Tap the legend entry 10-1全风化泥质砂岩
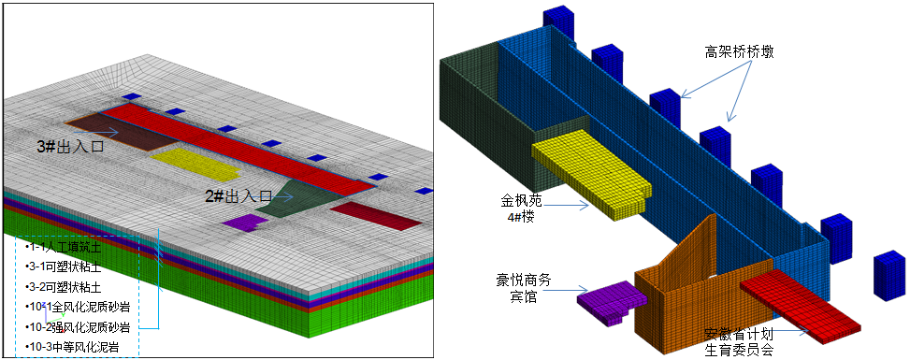[x=79, y=307]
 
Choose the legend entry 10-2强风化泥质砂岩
[x=79, y=326]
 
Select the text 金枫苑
[x=520, y=200]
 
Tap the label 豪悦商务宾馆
[x=522, y=287]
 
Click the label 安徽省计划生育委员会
[x=739, y=342]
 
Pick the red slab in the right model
[x=801, y=302]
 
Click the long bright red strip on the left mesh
[x=234, y=150]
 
